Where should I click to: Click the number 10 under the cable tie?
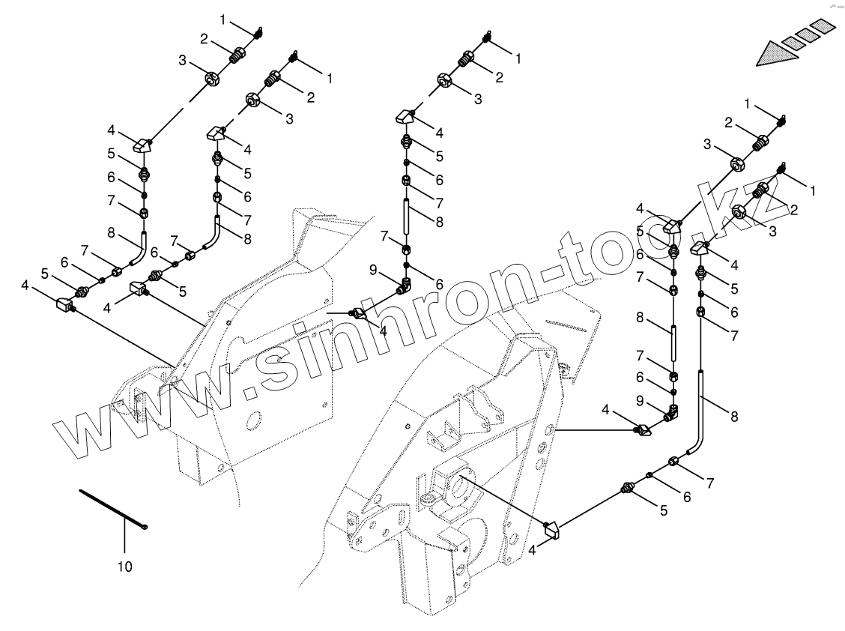point(125,567)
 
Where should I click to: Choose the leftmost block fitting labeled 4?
point(65,305)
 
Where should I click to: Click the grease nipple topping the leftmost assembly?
point(258,31)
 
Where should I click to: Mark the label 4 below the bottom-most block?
point(533,550)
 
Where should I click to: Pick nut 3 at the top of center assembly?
point(443,81)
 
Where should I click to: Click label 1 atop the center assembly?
point(517,56)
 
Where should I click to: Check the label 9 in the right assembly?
point(640,401)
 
